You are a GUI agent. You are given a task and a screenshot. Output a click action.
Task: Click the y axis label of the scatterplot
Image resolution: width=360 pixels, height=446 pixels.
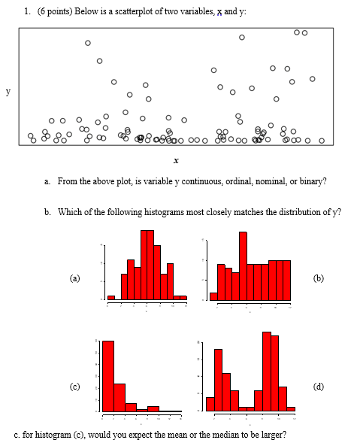pos(8,92)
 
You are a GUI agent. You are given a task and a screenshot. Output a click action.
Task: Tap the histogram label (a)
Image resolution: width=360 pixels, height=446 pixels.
pos(74,278)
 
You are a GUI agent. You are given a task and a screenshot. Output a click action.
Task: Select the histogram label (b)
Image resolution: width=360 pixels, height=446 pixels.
pos(319,278)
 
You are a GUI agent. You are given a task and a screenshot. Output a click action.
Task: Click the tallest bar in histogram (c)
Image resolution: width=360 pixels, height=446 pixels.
pos(108,375)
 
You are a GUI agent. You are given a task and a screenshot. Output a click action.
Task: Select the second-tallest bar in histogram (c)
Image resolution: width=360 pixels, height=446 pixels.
pos(119,397)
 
